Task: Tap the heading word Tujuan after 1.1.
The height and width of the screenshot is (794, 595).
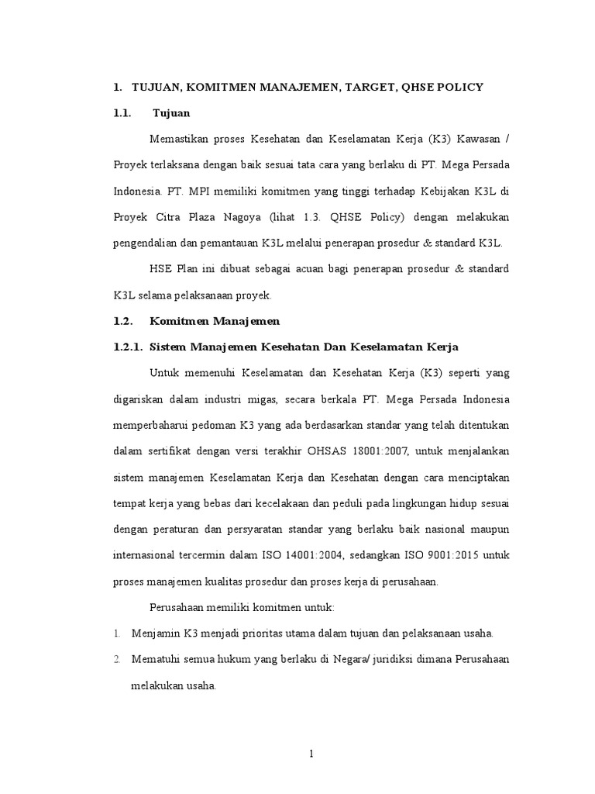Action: [x=171, y=112]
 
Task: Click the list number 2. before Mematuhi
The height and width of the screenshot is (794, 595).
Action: [x=116, y=660]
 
